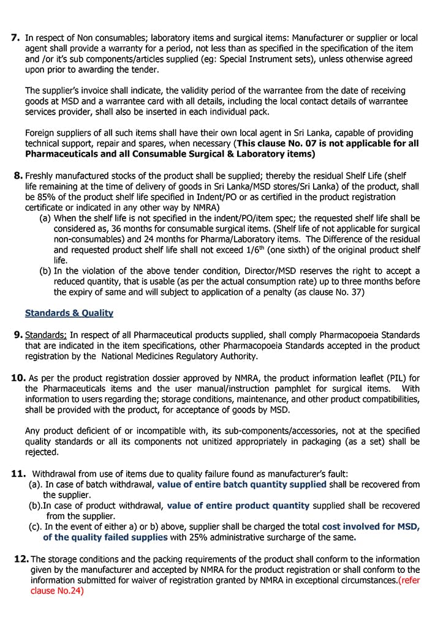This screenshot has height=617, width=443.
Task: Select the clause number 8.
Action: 18,176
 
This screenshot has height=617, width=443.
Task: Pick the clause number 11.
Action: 18,473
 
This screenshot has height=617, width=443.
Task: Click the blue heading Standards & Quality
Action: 69,313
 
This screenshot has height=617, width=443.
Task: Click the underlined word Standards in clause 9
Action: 45,335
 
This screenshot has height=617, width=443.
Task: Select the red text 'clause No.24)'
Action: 57,591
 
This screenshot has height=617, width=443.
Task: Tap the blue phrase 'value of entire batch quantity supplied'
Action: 241,484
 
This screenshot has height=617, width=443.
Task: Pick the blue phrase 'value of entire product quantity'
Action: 238,506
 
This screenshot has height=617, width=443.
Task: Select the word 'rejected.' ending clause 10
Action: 42,452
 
